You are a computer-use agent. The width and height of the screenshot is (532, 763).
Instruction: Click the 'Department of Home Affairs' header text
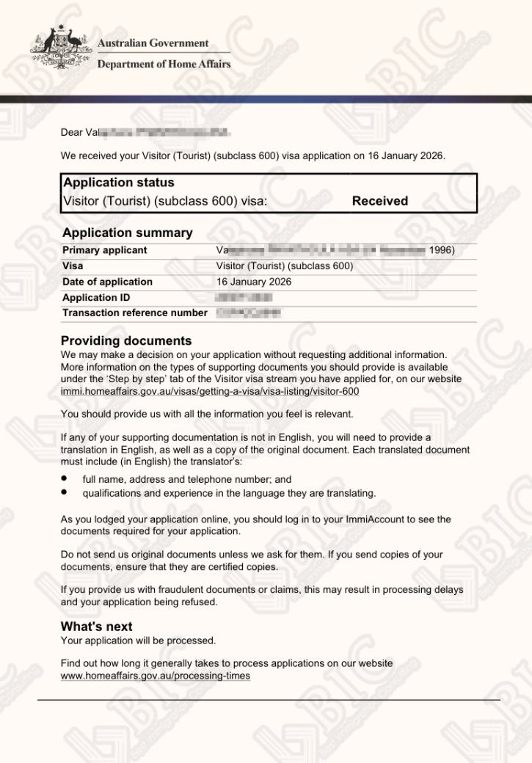point(164,64)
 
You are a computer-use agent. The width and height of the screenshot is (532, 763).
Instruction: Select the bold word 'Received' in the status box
point(379,201)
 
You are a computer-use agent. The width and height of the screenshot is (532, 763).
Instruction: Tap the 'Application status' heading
point(119,183)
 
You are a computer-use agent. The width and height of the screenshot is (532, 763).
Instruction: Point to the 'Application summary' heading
point(128,233)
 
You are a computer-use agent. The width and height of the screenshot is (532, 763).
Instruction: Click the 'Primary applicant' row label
point(104,250)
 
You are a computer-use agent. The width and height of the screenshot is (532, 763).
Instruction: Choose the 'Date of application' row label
point(107,282)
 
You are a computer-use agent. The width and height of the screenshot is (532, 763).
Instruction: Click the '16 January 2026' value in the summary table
point(254,282)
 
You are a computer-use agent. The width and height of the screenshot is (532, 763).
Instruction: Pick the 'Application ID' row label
point(95,298)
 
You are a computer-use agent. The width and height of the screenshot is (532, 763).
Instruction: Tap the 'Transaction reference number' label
point(135,313)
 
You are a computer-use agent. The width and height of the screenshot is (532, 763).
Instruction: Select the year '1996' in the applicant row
point(440,250)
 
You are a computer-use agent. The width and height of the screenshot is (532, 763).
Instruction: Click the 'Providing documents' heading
point(126,341)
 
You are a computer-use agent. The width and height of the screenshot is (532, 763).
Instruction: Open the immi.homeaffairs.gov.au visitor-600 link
point(210,392)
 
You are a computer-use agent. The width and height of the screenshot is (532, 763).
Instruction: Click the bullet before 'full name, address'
point(65,478)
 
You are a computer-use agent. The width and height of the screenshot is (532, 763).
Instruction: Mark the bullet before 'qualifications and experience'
point(65,492)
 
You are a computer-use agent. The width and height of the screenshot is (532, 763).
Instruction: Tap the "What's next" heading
point(96,627)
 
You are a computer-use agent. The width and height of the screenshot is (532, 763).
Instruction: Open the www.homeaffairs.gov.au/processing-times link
point(155,676)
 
